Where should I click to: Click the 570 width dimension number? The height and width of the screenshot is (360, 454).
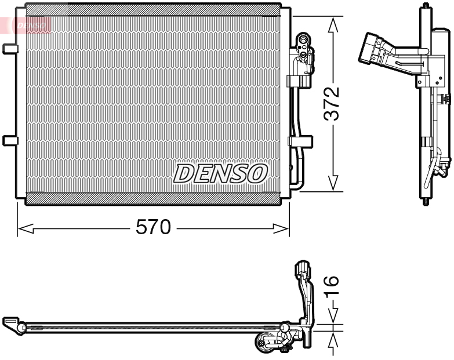point(154,228)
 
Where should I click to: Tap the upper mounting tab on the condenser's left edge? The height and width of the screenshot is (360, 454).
point(10,49)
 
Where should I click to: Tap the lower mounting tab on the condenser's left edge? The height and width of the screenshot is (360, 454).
point(10,140)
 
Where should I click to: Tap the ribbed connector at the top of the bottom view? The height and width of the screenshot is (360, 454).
point(303,270)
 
